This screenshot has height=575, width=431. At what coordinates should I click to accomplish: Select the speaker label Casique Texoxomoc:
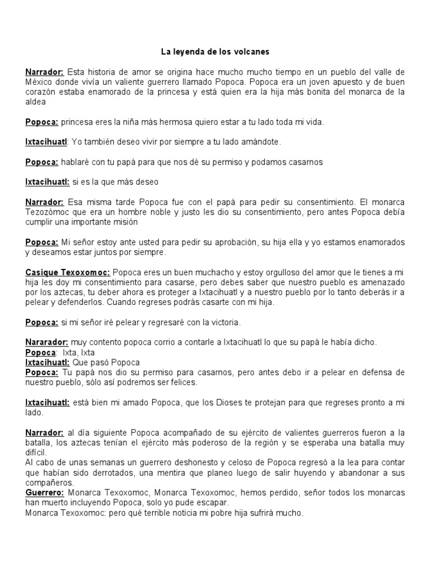(67, 272)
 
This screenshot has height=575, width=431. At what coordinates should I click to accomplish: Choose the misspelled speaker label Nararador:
(47, 342)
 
